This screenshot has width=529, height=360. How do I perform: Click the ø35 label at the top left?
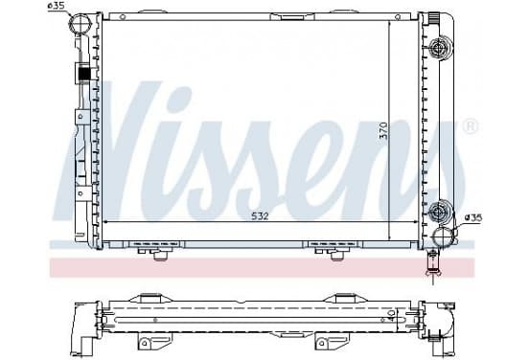[x=56, y=6]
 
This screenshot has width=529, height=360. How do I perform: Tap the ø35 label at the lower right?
[x=473, y=218]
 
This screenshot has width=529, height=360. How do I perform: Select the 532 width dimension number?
[x=260, y=216]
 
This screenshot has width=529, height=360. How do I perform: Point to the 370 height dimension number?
[x=383, y=131]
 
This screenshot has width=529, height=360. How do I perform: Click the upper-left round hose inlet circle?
[x=80, y=22]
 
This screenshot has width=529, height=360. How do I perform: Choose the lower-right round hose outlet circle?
[x=444, y=236]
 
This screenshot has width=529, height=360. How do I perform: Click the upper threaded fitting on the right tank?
[x=439, y=48]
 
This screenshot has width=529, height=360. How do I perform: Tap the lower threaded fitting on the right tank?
[x=439, y=212]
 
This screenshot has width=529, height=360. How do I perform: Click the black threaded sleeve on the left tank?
[x=84, y=74]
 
